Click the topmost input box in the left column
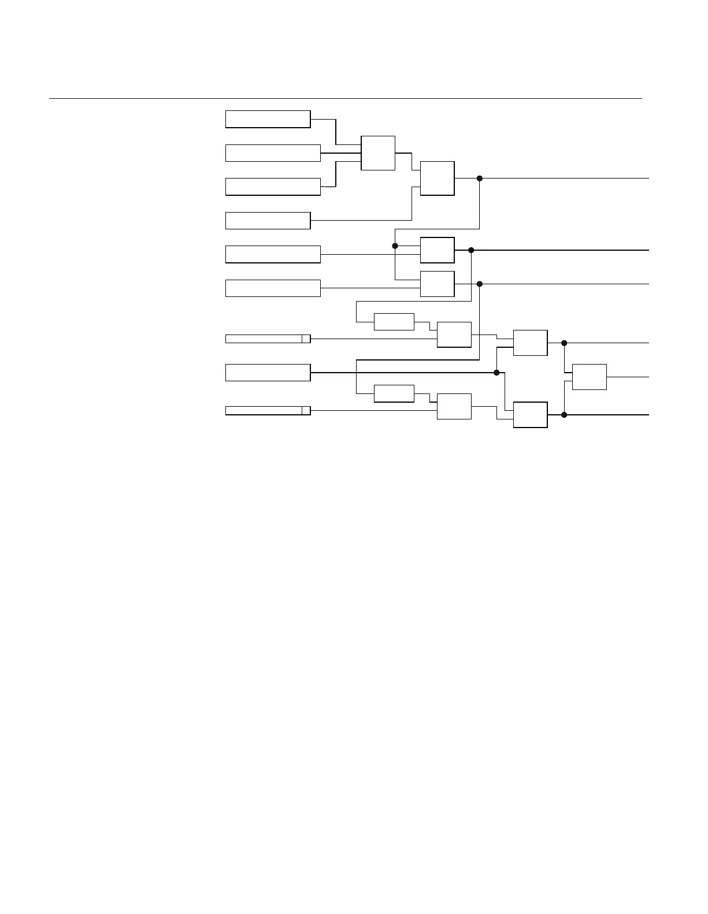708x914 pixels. click(x=268, y=119)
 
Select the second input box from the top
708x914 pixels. click(x=273, y=153)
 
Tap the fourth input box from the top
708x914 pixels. click(x=268, y=221)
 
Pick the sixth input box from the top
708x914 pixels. click(x=273, y=288)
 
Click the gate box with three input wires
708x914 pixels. click(x=378, y=153)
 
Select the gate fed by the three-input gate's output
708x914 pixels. click(x=438, y=179)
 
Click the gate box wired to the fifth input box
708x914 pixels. click(x=438, y=250)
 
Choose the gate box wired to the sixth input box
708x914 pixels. click(x=438, y=284)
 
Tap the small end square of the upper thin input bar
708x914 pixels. click(x=306, y=339)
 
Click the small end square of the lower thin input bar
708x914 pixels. click(x=306, y=411)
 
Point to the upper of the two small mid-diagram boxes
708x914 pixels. click(x=394, y=322)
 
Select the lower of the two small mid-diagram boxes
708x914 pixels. click(x=394, y=393)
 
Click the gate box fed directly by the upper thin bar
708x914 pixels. click(x=454, y=335)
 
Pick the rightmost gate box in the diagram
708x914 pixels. click(x=590, y=377)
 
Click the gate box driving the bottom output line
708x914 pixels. click(x=531, y=415)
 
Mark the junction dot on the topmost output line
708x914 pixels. click(x=480, y=179)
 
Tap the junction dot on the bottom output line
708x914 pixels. click(x=564, y=415)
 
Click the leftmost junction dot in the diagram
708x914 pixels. click(x=395, y=246)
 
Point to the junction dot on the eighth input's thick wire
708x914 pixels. click(x=496, y=373)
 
